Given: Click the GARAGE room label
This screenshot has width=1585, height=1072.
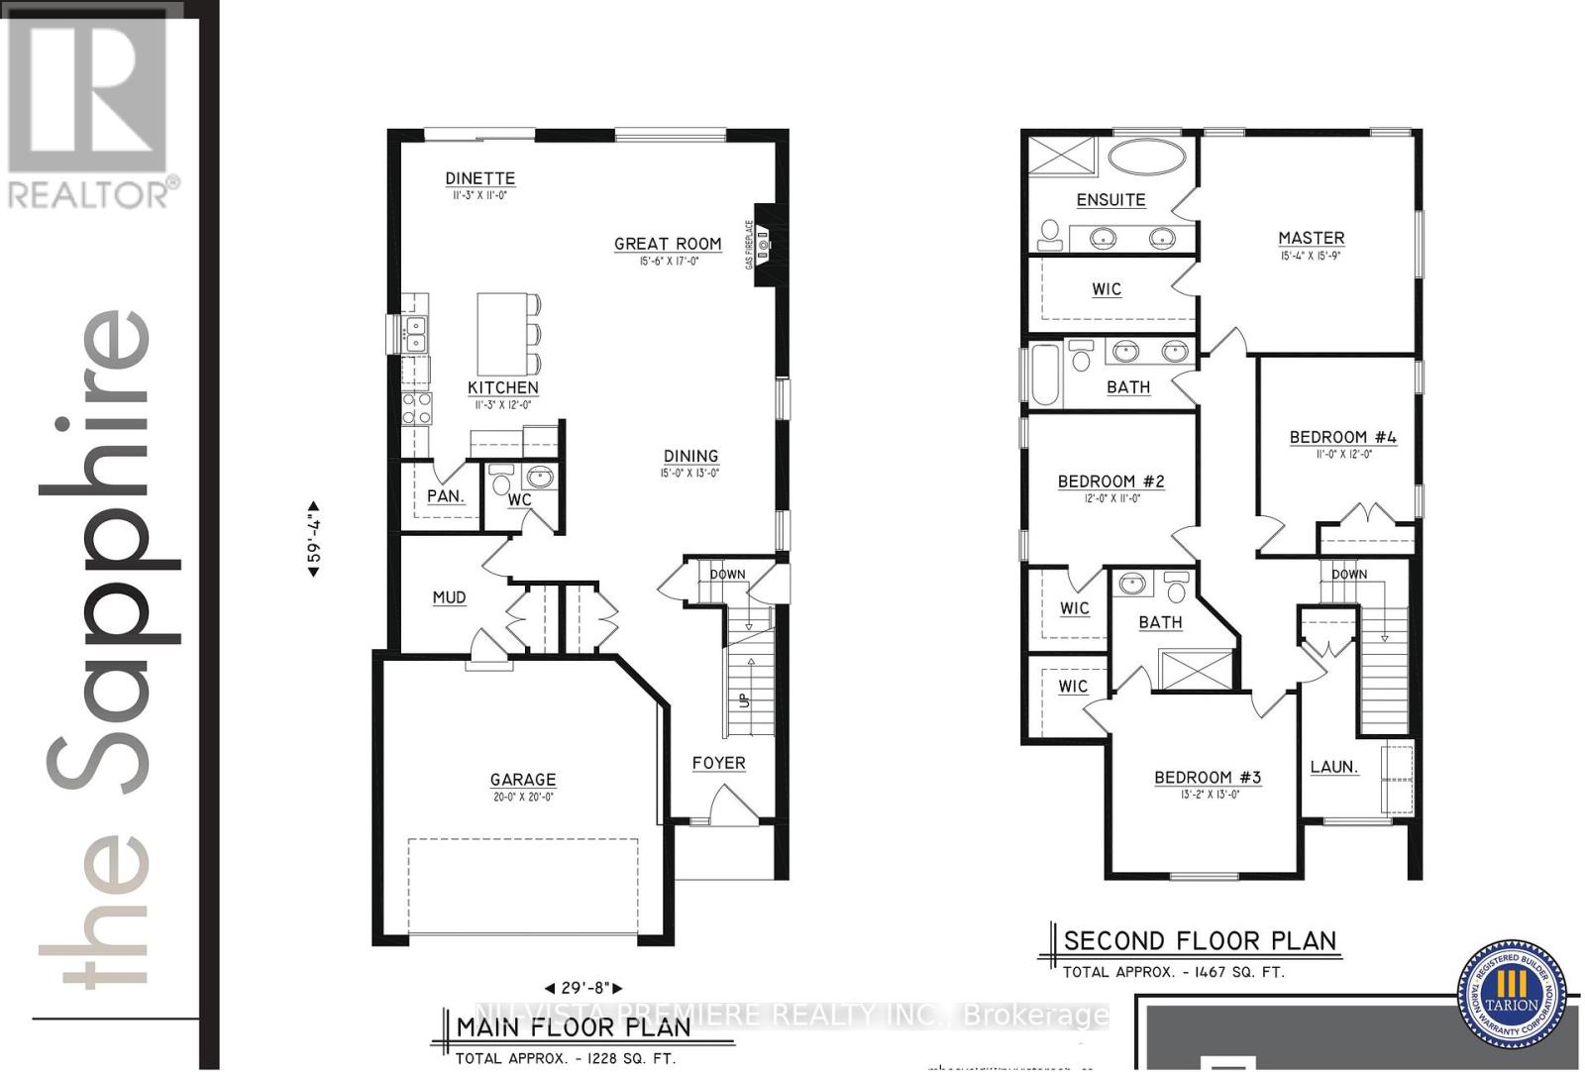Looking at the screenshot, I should click(x=522, y=780).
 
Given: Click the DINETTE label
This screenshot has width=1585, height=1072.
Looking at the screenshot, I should click(x=479, y=178).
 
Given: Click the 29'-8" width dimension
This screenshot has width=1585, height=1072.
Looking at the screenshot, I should click(x=583, y=988).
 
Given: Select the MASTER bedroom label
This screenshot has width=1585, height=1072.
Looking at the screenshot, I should click(x=1311, y=238).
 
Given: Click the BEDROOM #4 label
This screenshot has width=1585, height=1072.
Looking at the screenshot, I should click(x=1342, y=437).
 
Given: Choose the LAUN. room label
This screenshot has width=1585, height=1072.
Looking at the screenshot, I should click(x=1333, y=767).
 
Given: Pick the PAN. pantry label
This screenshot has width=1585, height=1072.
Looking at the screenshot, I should click(x=446, y=495).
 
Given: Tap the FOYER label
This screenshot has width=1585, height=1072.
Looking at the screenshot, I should click(x=718, y=763).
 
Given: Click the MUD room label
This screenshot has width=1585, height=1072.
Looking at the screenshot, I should click(x=449, y=597).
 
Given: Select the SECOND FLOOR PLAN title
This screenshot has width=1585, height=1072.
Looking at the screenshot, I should click(x=1200, y=940).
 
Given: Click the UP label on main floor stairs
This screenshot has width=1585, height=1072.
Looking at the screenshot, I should click(x=744, y=700).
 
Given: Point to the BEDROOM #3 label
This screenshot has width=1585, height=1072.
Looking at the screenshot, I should click(x=1207, y=778).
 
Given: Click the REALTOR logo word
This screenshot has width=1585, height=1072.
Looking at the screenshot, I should click(x=89, y=194).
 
